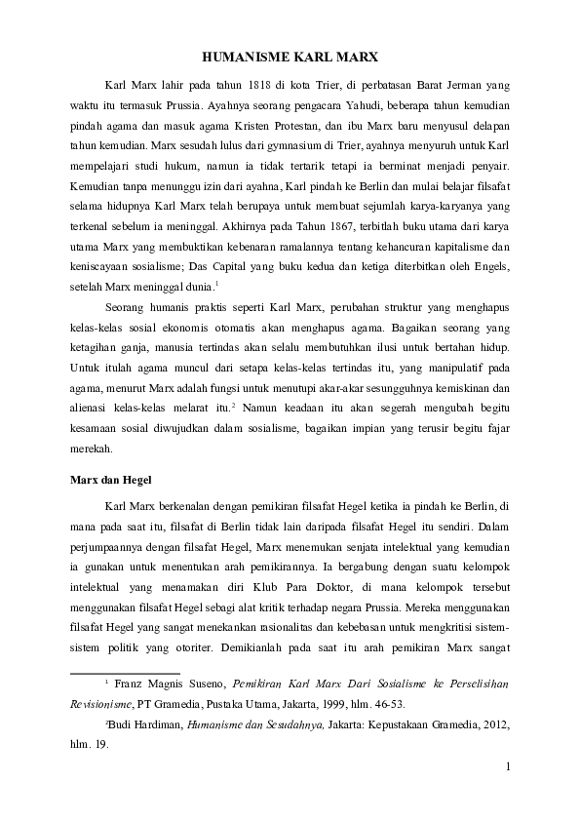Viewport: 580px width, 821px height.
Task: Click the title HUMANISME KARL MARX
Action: pos(290,58)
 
